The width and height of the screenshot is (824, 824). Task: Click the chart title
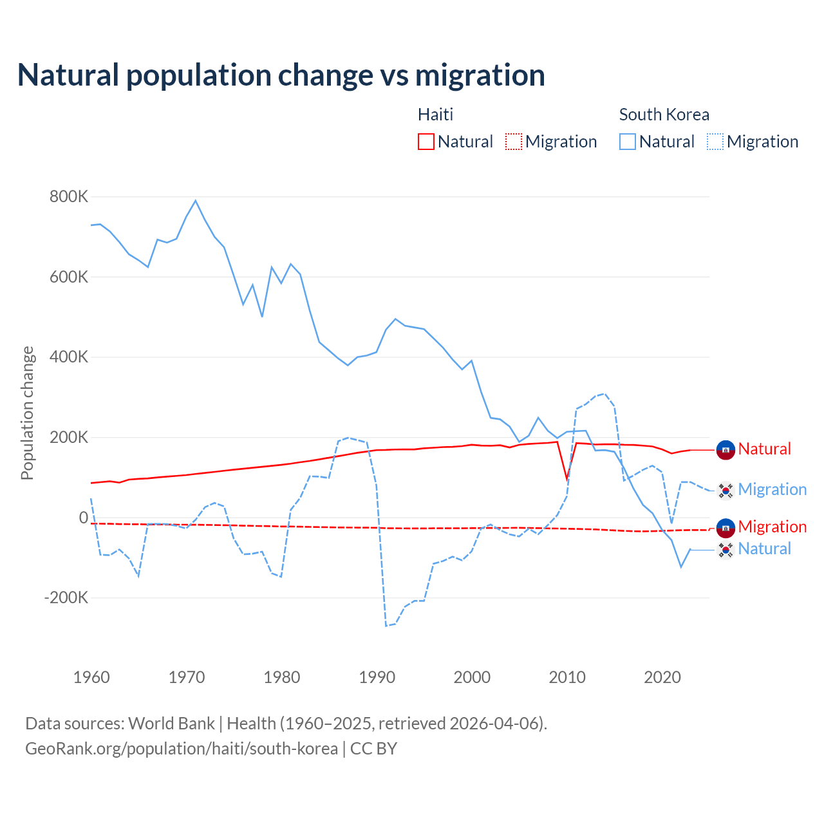click(x=281, y=75)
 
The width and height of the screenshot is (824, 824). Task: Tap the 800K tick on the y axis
click(x=68, y=197)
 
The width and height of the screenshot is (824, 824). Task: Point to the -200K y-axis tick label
click(x=66, y=598)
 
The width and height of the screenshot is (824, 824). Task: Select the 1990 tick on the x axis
click(x=377, y=677)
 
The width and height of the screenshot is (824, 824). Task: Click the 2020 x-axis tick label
click(x=662, y=677)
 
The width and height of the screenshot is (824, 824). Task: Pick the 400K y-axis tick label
click(x=68, y=357)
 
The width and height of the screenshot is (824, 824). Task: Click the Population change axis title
click(x=27, y=413)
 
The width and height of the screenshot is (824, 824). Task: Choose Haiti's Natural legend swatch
click(x=426, y=142)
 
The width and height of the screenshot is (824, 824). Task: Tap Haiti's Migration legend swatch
click(x=514, y=142)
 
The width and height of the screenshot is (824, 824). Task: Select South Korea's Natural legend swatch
click(x=628, y=142)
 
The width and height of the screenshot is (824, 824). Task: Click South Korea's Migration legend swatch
click(x=715, y=142)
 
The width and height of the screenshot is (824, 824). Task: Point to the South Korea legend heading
click(x=664, y=115)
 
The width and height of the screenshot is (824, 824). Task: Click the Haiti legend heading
click(x=435, y=115)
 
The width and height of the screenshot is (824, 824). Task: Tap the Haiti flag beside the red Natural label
click(x=726, y=450)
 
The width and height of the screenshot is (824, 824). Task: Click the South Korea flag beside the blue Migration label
click(x=726, y=491)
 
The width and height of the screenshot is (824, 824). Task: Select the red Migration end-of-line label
click(x=772, y=527)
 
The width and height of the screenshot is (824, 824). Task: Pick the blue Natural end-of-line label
click(x=764, y=548)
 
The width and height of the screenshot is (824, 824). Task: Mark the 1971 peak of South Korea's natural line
click(x=196, y=200)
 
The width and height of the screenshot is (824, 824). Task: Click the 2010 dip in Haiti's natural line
click(x=567, y=480)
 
